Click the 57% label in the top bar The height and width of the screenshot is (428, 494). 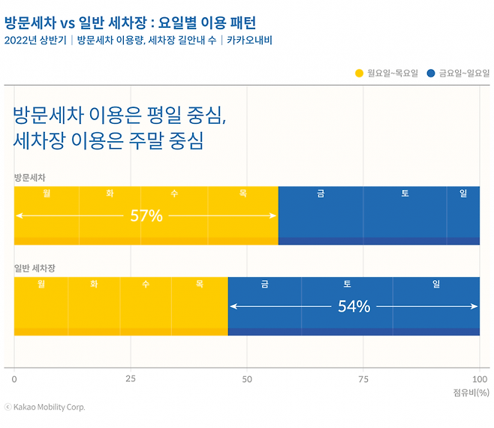coord(146,216)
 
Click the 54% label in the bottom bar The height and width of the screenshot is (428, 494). coord(354,306)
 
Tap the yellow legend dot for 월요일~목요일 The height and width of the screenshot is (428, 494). coord(359,73)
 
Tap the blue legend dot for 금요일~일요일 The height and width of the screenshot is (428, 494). coord(431,73)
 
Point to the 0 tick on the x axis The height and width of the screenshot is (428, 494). coord(14,379)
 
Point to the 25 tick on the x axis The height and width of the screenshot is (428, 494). coord(131,379)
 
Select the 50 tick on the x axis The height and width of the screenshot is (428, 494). coord(247,379)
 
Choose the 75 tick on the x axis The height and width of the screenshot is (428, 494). coord(363,379)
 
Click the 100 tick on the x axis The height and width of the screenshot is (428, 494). coord(479,379)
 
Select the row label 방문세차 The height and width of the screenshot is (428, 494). coord(30,177)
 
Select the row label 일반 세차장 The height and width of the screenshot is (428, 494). coord(35,267)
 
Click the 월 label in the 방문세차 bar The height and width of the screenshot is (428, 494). coord(47,194)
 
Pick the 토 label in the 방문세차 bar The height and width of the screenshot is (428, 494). coord(405,194)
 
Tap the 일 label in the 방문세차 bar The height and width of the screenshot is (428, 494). coord(463,194)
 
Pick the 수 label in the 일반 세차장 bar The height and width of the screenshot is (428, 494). coord(146,284)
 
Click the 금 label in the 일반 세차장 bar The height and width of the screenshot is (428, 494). coord(265,284)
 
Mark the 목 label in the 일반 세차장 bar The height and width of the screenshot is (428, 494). coord(199,284)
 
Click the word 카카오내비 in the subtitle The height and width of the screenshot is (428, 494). coord(249,40)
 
